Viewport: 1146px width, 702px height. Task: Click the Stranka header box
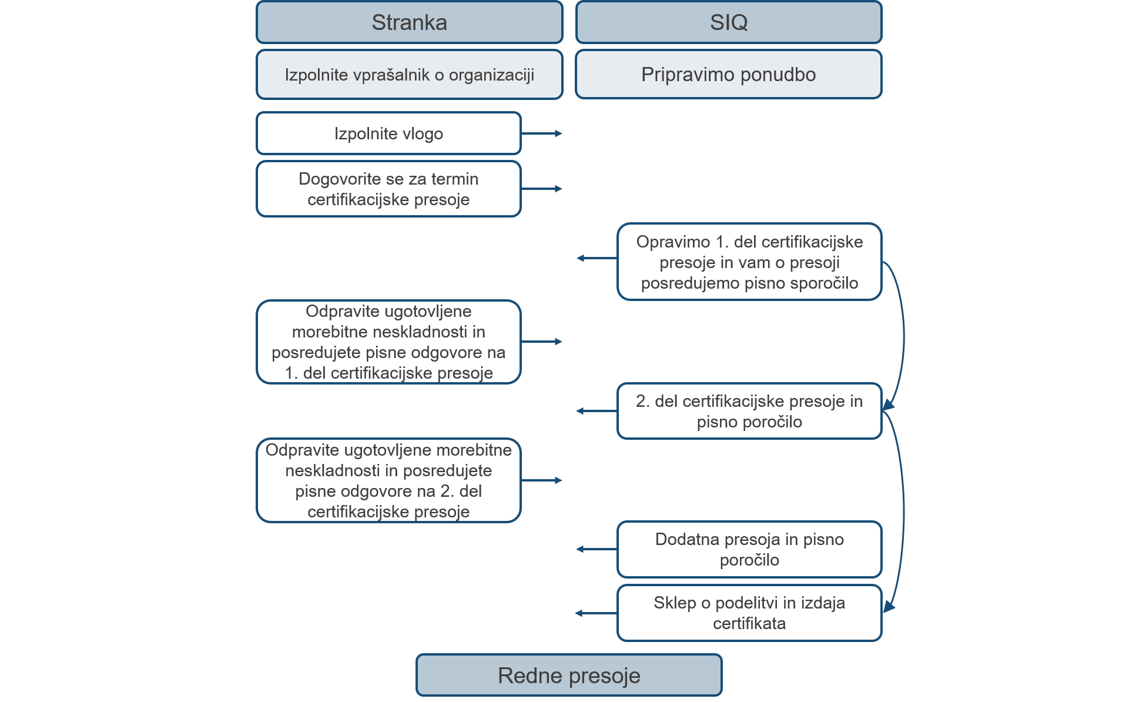pyautogui.click(x=410, y=22)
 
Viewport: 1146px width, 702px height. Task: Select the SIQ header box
pyautogui.click(x=729, y=22)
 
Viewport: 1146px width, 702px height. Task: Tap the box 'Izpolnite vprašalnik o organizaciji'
pyautogui.click(x=410, y=75)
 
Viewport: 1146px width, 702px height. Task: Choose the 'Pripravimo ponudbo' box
pyautogui.click(x=729, y=75)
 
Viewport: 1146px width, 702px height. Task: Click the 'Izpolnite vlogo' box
pyautogui.click(x=388, y=133)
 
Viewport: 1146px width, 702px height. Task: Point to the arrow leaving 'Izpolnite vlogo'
pyautogui.click(x=542, y=133)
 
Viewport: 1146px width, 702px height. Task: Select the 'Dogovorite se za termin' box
pyautogui.click(x=388, y=189)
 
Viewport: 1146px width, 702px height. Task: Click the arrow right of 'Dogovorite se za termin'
pyautogui.click(x=542, y=189)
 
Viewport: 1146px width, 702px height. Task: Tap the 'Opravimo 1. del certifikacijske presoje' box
pyautogui.click(x=749, y=262)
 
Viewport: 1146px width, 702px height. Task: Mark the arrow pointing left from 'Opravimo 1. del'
pyautogui.click(x=597, y=258)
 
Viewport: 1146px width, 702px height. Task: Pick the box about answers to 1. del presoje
pyautogui.click(x=388, y=342)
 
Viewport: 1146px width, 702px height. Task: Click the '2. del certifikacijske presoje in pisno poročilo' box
pyautogui.click(x=749, y=411)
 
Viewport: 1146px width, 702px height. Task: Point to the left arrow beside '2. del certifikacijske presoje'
pyautogui.click(x=597, y=411)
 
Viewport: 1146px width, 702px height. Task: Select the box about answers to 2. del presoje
pyautogui.click(x=388, y=480)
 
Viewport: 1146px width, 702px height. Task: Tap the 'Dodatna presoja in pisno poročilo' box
pyautogui.click(x=749, y=549)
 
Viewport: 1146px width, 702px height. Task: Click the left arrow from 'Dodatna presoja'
pyautogui.click(x=597, y=549)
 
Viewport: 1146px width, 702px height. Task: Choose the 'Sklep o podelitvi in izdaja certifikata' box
pyautogui.click(x=749, y=613)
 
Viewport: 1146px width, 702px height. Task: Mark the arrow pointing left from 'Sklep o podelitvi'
pyautogui.click(x=597, y=613)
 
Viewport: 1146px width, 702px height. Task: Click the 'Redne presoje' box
pyautogui.click(x=569, y=676)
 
